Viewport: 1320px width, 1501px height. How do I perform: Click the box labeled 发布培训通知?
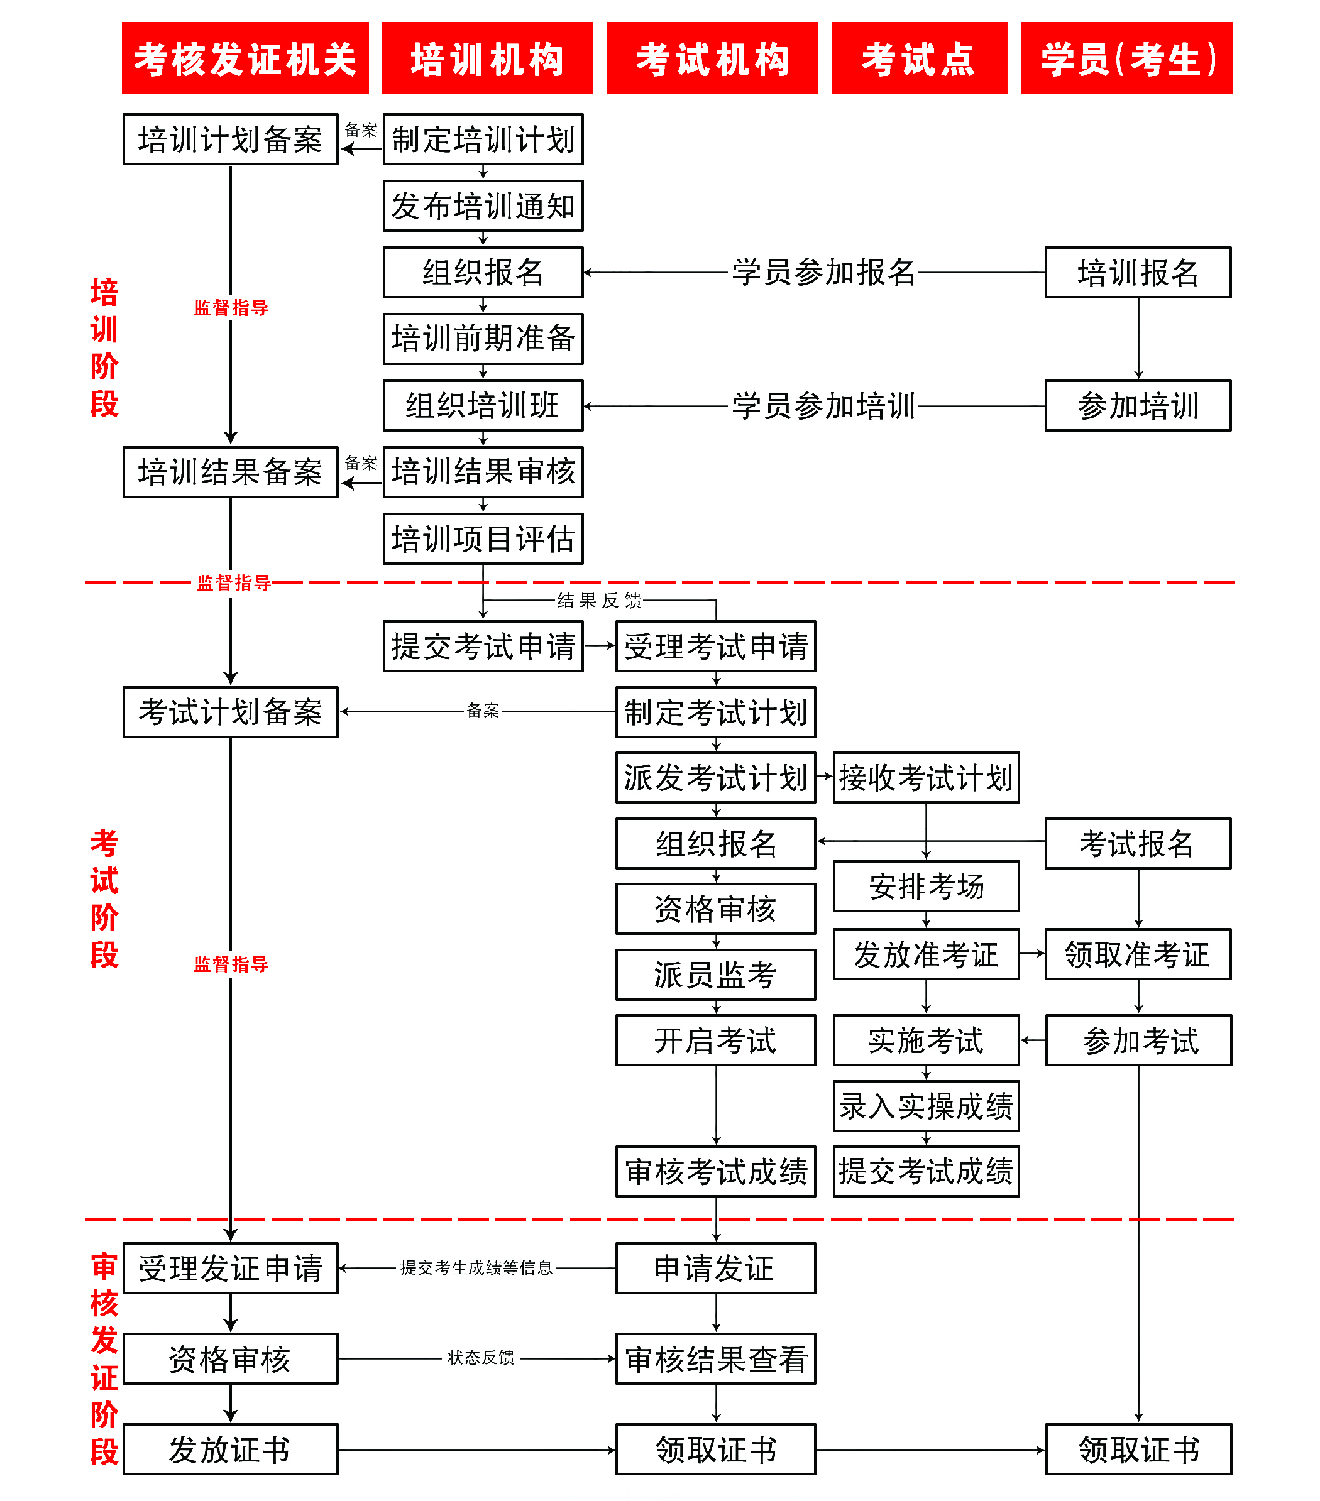[483, 206]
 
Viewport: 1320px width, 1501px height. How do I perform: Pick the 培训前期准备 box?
[483, 339]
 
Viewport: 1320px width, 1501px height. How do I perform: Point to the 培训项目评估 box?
[483, 539]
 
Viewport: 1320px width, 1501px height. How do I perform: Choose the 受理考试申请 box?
[715, 647]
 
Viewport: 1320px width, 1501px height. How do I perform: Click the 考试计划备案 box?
[230, 712]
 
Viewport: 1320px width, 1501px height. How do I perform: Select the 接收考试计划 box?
[925, 778]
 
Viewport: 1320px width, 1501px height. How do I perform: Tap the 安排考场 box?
[925, 887]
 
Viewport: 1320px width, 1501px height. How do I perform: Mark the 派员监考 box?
[715, 975]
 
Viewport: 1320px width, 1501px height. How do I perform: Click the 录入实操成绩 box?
[925, 1106]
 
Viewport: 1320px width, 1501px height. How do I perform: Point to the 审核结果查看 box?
[715, 1359]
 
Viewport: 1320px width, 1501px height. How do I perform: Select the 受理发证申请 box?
[230, 1268]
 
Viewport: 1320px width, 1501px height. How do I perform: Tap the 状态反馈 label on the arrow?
[481, 1358]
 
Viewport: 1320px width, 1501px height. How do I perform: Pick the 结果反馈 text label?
[598, 601]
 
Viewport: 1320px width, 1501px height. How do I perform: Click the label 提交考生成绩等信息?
[476, 1267]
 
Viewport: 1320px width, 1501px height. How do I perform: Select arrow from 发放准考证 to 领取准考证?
[1032, 954]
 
